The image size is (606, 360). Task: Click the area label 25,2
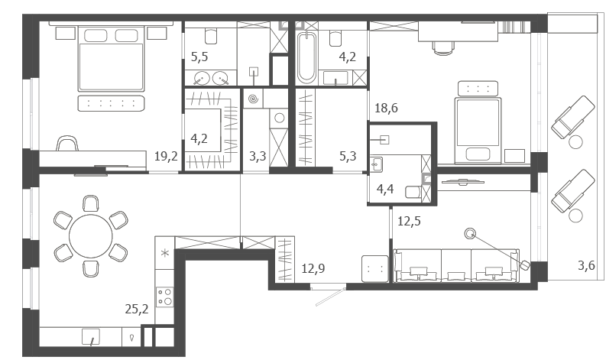point(137,309)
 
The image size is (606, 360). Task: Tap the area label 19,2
point(166,156)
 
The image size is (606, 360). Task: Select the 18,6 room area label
point(386,108)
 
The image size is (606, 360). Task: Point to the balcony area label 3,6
point(586,266)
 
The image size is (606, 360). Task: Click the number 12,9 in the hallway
point(313,268)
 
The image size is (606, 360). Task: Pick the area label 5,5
point(199,57)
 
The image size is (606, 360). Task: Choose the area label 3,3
point(258,156)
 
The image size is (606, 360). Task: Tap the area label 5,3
point(348,156)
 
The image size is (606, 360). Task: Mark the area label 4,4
point(385,189)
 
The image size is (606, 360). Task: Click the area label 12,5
point(409,222)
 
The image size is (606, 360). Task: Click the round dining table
point(91,236)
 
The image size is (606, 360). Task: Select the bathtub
point(306,57)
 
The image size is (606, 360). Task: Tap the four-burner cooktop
point(164,297)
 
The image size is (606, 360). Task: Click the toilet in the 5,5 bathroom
point(211,36)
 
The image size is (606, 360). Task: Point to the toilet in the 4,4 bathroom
point(412,192)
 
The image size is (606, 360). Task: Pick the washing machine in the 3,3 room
point(279,118)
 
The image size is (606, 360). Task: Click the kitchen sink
point(91,337)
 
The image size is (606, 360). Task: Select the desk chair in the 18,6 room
point(442,47)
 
